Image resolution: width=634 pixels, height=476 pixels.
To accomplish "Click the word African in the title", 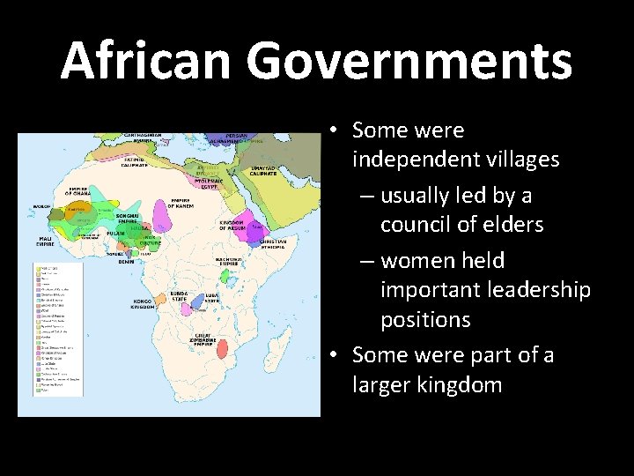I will [146, 61].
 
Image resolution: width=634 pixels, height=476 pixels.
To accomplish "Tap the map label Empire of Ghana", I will [80, 192].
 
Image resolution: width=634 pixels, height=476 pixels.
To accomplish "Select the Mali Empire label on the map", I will [45, 240].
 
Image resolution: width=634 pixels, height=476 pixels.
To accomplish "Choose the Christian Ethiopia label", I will [272, 243].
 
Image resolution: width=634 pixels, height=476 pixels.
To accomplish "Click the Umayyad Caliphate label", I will [263, 172].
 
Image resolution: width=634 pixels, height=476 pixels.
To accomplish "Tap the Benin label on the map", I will [127, 261].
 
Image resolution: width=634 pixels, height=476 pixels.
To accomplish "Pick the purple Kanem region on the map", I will [164, 212].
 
